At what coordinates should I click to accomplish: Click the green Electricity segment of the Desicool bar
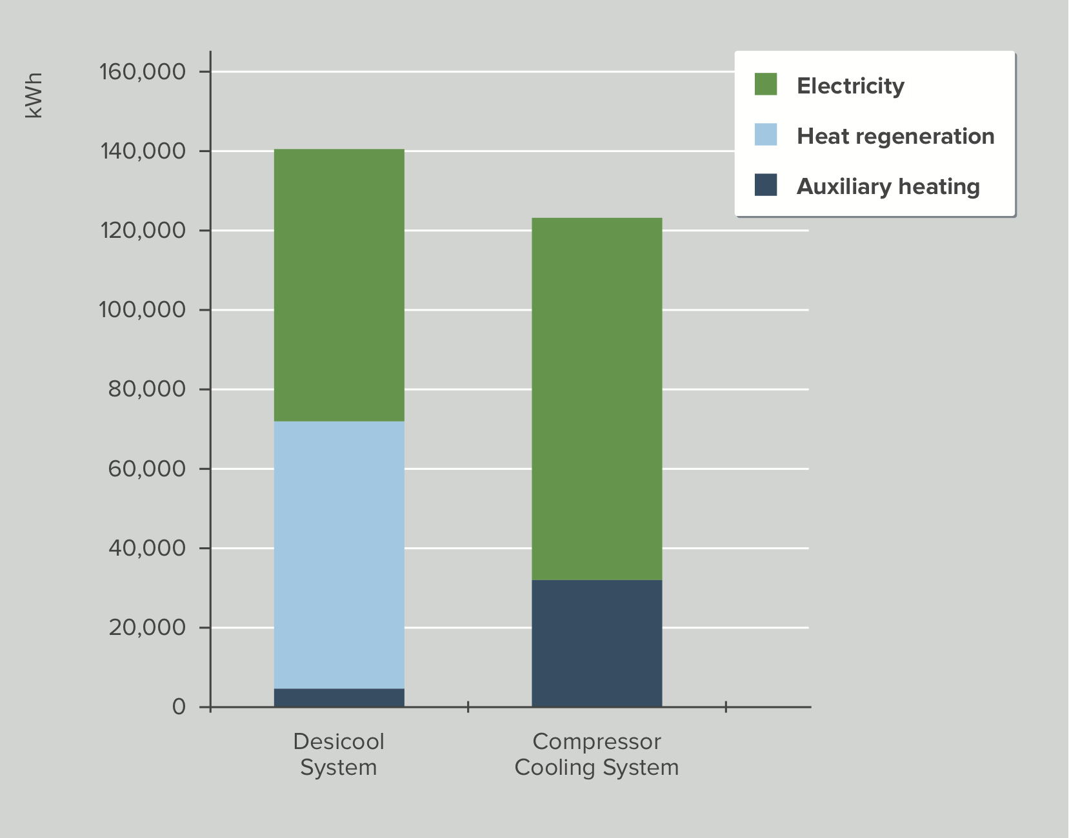pyautogui.click(x=339, y=285)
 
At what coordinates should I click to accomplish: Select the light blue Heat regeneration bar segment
pyautogui.click(x=339, y=554)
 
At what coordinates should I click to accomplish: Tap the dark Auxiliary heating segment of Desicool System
pyautogui.click(x=339, y=697)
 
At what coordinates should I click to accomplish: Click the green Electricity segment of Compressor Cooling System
pyautogui.click(x=597, y=398)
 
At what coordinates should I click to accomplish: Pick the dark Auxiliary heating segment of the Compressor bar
pyautogui.click(x=597, y=643)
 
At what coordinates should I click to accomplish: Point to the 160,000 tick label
pyautogui.click(x=143, y=72)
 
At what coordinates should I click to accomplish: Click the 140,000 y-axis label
pyautogui.click(x=143, y=151)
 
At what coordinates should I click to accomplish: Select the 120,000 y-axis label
pyautogui.click(x=143, y=230)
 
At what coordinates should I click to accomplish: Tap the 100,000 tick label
pyautogui.click(x=143, y=310)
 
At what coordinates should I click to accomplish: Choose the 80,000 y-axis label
pyautogui.click(x=146, y=389)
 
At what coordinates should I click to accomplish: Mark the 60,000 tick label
pyautogui.click(x=146, y=469)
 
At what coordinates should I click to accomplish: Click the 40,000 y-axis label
pyautogui.click(x=146, y=548)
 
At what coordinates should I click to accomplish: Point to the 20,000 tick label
pyautogui.click(x=146, y=627)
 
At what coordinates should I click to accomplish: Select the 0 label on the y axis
pyautogui.click(x=179, y=707)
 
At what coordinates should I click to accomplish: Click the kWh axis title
pyautogui.click(x=34, y=95)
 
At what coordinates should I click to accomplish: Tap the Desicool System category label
pyautogui.click(x=339, y=754)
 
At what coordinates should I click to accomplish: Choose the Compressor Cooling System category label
pyautogui.click(x=597, y=754)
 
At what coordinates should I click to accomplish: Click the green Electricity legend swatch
pyautogui.click(x=766, y=84)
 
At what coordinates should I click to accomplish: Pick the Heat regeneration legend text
pyautogui.click(x=895, y=136)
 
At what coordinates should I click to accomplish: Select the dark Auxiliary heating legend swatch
pyautogui.click(x=766, y=185)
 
